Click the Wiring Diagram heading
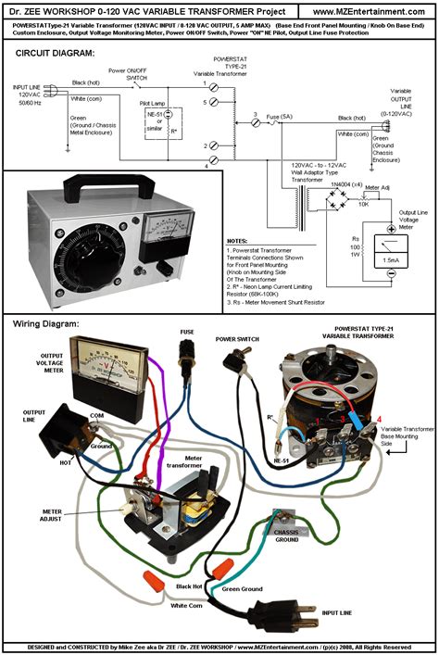pos(45,323)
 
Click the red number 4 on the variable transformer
pos(377,421)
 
